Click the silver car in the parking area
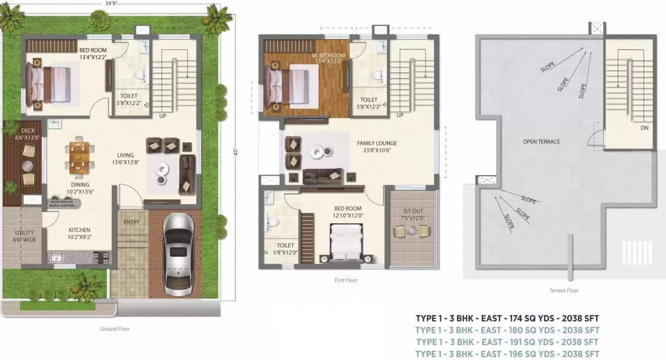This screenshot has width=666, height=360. point(177,251)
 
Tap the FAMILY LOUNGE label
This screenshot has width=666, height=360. point(377,146)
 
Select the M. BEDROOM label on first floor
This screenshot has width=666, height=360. point(328,58)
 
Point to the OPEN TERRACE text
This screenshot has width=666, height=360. point(541,141)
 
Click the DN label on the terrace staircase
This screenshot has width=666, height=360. point(645,128)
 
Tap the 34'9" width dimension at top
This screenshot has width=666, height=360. point(112,3)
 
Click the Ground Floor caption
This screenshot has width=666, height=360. point(115,329)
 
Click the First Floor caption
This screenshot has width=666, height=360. point(347,280)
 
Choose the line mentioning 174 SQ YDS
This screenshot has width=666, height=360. point(508,318)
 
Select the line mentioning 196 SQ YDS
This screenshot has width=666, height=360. point(508,354)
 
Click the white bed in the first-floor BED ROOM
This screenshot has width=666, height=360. point(346,241)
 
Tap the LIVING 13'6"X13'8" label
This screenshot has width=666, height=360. point(125,159)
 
